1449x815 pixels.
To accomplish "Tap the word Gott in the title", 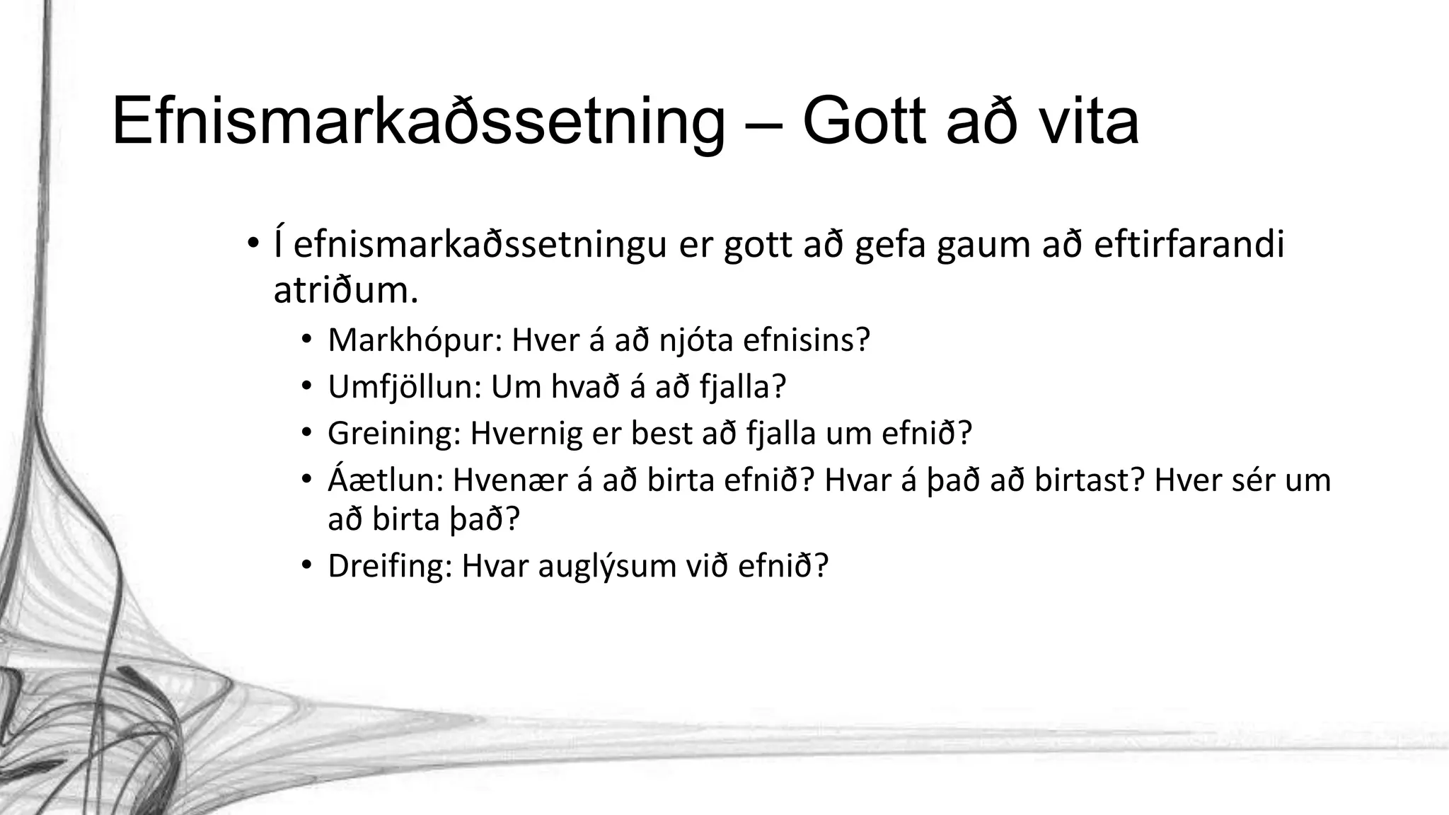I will (x=864, y=122).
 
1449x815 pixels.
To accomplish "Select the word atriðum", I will (x=345, y=291).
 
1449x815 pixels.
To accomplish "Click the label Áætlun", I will (x=386, y=480).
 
